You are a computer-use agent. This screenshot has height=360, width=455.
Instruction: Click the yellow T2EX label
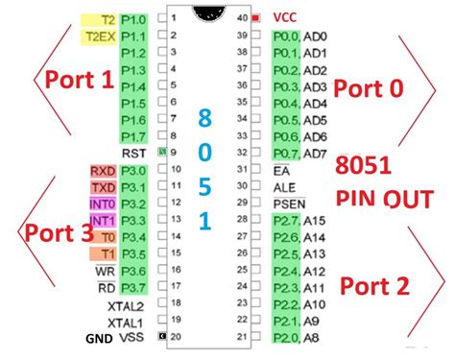click(99, 36)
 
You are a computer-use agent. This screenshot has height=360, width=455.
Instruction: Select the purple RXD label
click(103, 171)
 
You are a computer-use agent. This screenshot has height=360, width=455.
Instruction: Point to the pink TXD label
click(103, 187)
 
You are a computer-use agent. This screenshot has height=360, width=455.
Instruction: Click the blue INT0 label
click(102, 204)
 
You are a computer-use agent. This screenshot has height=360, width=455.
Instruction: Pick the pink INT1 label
click(102, 220)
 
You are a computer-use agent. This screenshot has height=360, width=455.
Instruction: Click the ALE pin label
click(284, 186)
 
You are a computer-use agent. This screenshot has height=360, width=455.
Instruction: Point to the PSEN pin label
click(288, 204)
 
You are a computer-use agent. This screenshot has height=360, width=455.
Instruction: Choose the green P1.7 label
click(134, 135)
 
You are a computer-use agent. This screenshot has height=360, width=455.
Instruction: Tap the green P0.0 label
click(285, 36)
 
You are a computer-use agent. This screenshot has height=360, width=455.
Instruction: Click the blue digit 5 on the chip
click(204, 187)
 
